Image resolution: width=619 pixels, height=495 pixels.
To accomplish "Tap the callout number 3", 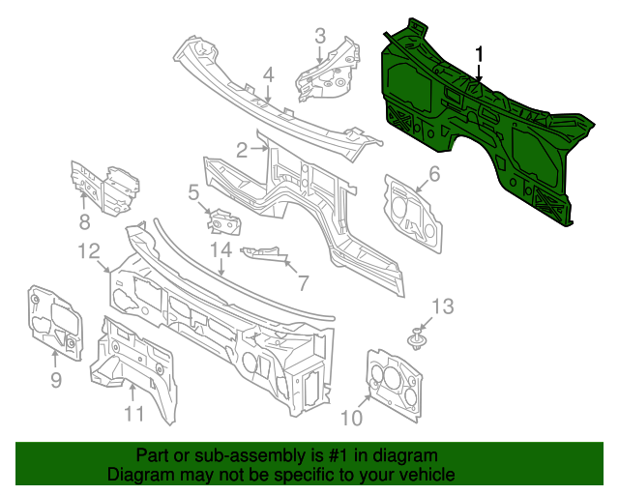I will [320, 37].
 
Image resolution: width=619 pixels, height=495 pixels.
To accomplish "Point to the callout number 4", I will [269, 73].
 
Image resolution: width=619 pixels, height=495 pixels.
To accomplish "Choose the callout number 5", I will [194, 193].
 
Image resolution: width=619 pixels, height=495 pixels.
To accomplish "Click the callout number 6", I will [434, 174].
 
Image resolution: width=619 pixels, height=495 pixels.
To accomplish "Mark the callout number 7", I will [302, 283].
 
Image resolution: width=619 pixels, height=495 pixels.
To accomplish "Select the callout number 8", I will [85, 222].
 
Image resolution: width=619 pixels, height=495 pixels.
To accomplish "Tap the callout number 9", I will [56, 380].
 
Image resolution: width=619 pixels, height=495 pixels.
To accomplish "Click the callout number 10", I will [350, 417].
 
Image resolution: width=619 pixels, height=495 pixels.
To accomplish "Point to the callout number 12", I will [89, 251].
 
